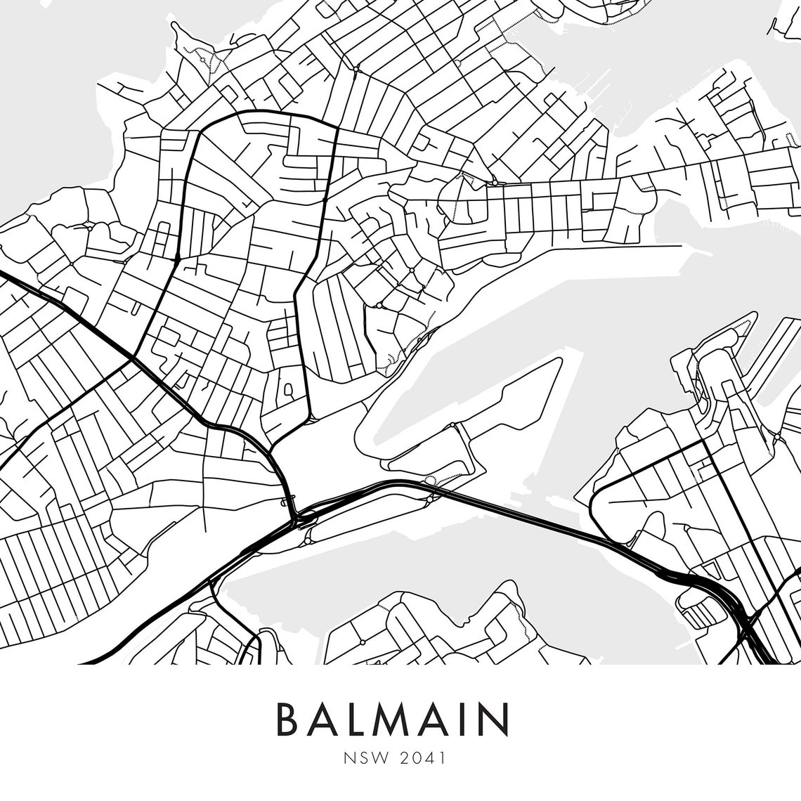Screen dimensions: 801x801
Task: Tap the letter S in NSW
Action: [x=360, y=759]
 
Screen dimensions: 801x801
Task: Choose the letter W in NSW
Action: [x=377, y=759]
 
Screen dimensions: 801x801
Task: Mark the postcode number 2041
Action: [x=424, y=759]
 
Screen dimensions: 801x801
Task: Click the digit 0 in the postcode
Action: [x=417, y=759]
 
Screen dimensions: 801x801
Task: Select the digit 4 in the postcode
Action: [x=431, y=759]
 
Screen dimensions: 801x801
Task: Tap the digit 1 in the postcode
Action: [x=443, y=759]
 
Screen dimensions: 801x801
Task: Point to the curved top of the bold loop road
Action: [x=267, y=112]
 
